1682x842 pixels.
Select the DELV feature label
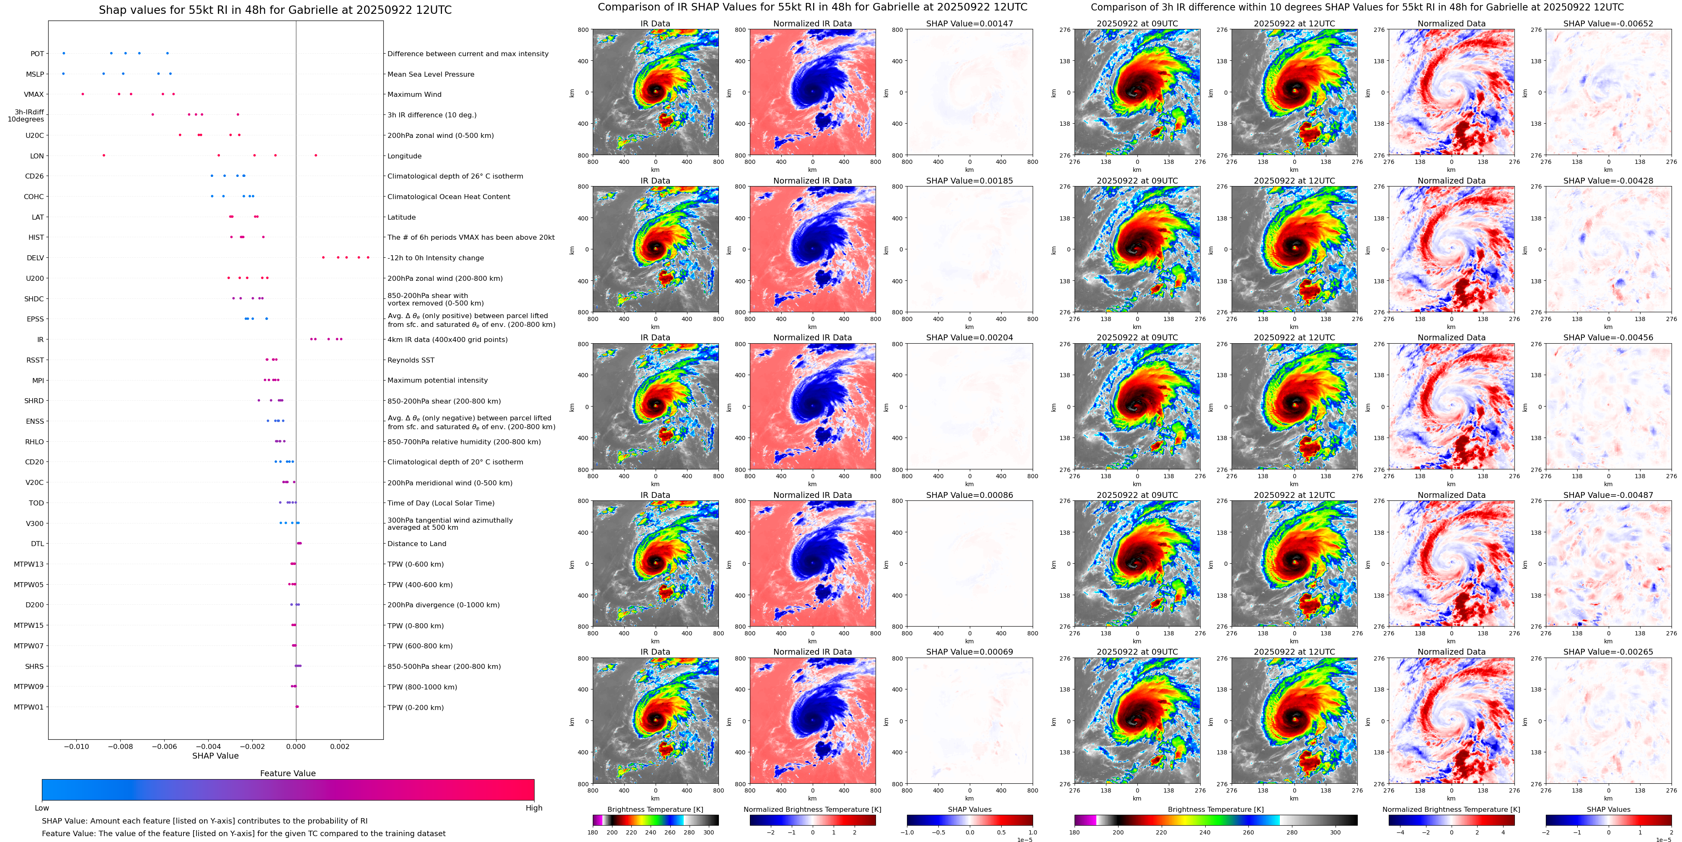35,258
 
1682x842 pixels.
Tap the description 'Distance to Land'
416,544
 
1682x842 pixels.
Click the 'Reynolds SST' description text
411,360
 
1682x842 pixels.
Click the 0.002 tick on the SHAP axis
339,746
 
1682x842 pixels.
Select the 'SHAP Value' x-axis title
215,756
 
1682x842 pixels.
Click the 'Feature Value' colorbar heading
287,773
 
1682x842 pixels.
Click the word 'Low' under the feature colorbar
42,808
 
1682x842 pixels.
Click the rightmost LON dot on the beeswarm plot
315,155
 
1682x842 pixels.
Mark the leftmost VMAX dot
82,94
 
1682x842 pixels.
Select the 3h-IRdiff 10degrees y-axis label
26,116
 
